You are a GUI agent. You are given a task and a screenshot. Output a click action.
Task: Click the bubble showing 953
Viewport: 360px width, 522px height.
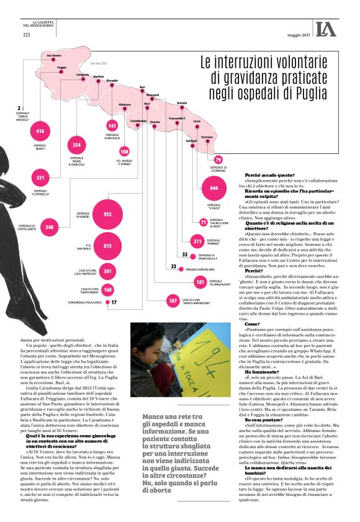point(107,214)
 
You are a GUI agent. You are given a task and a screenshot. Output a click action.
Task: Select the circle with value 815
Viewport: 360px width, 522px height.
point(107,246)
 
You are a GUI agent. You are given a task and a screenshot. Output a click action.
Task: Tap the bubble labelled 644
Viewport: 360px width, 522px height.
point(214,187)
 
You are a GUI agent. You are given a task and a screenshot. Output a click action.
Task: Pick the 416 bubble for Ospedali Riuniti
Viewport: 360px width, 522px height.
point(40,131)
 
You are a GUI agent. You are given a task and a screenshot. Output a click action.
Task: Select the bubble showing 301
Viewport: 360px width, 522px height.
point(107,271)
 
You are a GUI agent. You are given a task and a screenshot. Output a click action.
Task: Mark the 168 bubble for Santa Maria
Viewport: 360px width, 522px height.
point(107,289)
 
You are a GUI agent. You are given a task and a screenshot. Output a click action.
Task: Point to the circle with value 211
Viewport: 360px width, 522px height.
point(198,241)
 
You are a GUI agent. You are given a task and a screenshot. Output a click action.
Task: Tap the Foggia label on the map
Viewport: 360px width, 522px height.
point(61,67)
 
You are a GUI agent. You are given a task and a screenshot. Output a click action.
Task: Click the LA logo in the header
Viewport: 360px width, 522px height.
point(325,29)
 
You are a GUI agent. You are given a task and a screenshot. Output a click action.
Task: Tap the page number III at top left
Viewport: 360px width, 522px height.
point(26,35)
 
